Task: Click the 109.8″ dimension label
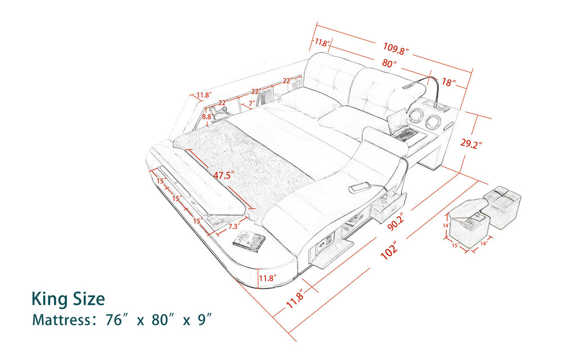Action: click(396, 48)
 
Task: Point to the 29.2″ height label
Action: click(471, 143)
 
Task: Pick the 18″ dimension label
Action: click(449, 82)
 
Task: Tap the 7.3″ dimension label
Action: click(235, 227)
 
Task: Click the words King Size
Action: click(68, 298)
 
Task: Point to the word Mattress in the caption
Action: click(58, 320)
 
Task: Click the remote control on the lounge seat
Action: click(358, 188)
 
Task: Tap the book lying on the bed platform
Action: click(247, 240)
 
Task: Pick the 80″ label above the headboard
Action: click(389, 64)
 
